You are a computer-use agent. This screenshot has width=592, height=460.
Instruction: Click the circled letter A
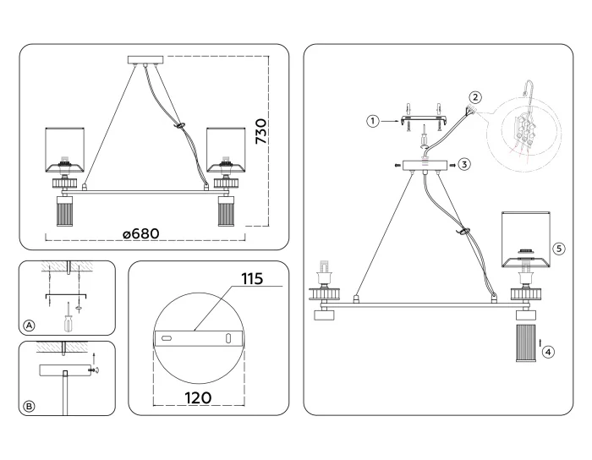point(30,326)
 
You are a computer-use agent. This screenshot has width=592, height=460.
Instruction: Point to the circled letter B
point(30,407)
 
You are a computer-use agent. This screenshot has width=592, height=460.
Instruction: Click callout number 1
point(371,121)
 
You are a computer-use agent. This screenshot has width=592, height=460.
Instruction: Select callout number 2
point(476,97)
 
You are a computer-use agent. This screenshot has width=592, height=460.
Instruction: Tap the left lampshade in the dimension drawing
point(64,149)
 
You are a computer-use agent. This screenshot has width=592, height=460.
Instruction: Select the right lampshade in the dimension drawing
point(226,149)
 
